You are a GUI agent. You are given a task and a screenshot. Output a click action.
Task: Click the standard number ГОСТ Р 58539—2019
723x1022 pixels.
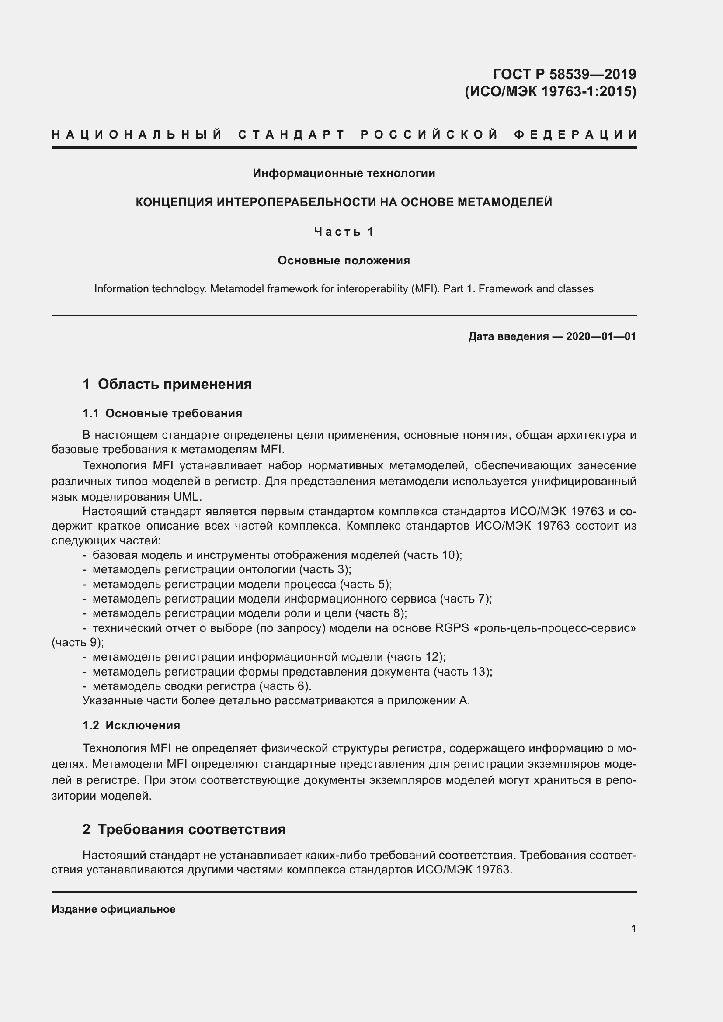(564, 74)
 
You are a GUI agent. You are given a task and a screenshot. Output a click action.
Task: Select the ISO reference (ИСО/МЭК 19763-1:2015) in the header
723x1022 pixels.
(550, 91)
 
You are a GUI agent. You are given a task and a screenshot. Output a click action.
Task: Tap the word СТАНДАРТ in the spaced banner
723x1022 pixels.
(292, 134)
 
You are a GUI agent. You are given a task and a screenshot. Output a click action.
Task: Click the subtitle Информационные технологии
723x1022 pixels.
(344, 173)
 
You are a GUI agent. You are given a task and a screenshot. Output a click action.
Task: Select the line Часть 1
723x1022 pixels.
(344, 232)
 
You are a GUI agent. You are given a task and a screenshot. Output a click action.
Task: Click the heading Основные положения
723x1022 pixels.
(344, 260)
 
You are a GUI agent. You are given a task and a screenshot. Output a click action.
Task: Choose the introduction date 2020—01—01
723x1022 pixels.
(601, 336)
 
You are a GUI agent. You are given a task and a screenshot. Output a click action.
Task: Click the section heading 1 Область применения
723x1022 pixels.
(167, 384)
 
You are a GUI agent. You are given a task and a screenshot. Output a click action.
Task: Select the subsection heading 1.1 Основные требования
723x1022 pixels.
(162, 413)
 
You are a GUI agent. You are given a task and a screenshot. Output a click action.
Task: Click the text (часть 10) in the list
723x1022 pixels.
(432, 555)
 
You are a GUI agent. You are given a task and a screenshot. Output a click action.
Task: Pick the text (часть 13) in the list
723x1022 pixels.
(462, 672)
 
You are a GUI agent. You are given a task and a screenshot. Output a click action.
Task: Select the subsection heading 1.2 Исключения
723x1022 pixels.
(131, 726)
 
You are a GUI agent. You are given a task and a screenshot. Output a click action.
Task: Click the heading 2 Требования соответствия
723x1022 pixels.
(184, 830)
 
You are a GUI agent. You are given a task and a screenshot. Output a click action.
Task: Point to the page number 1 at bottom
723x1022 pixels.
(633, 929)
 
